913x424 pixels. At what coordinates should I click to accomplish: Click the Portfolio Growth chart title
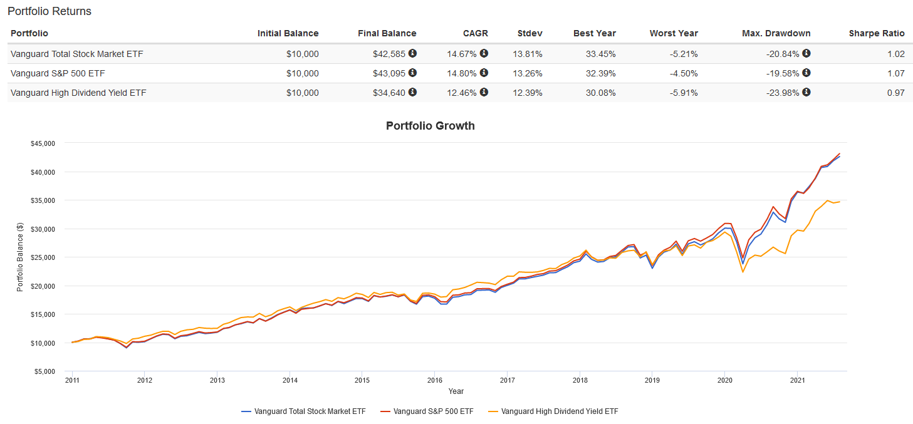tap(430, 126)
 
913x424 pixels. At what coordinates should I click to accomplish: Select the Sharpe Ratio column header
tap(877, 33)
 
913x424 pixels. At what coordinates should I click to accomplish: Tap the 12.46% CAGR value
tap(461, 93)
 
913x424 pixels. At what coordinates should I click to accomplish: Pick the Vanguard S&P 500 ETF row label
tap(58, 74)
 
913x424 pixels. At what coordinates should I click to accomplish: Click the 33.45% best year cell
tap(600, 54)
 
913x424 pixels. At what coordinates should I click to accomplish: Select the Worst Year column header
tap(674, 33)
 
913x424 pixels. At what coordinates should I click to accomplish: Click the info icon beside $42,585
tap(412, 54)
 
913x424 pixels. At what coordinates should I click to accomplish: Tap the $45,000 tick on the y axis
tap(43, 143)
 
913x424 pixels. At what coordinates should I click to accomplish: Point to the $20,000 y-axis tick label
tap(43, 286)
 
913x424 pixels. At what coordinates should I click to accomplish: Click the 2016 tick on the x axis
tap(435, 380)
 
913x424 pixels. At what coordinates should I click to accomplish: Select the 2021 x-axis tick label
tap(797, 380)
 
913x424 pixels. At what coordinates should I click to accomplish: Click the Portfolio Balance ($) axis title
tap(20, 257)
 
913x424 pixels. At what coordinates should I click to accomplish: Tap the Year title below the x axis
tap(456, 391)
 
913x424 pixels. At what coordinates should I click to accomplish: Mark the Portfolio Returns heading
tap(50, 11)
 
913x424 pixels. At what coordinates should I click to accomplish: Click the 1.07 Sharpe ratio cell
tap(895, 74)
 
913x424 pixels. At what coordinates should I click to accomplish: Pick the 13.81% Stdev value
tap(530, 54)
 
